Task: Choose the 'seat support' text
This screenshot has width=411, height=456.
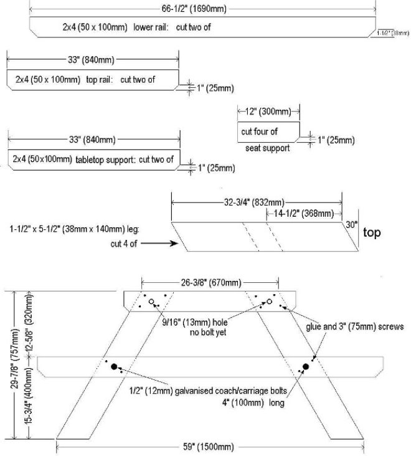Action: (267, 148)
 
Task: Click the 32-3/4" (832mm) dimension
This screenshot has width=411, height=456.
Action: (255, 202)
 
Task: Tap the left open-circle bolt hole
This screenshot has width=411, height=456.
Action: (151, 302)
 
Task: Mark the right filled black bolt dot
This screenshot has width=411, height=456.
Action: (306, 367)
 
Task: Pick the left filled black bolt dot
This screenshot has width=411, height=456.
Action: (114, 367)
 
